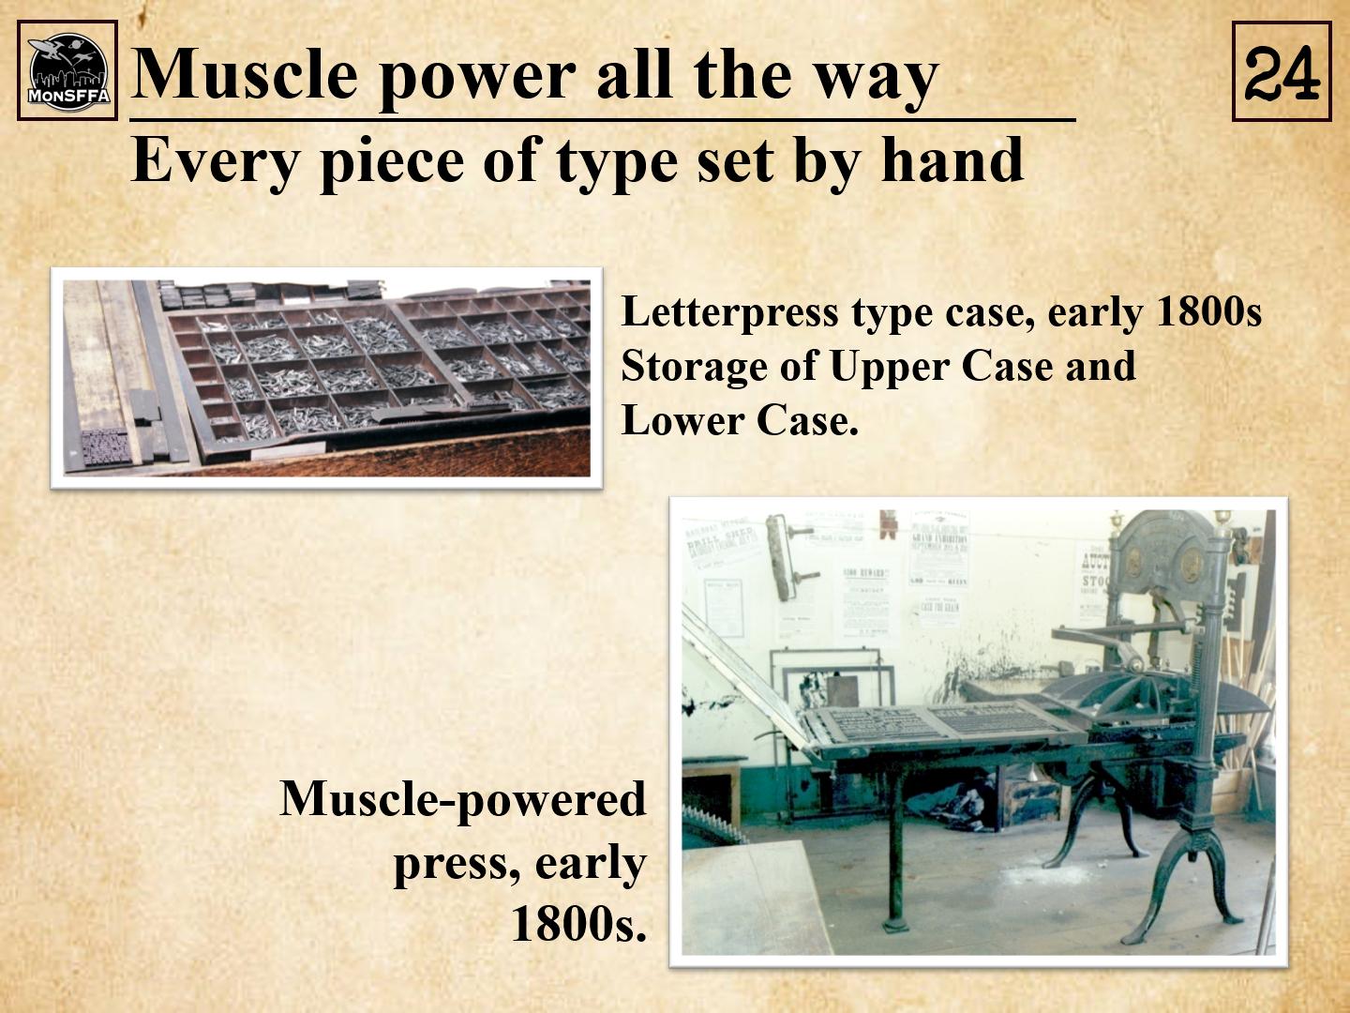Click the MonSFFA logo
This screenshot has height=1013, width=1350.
(67, 70)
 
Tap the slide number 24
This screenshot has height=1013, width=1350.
(1282, 72)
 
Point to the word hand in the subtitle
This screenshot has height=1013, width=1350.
(952, 159)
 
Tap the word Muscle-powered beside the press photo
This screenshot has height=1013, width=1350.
(462, 800)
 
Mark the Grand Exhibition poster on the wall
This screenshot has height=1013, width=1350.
(938, 548)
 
